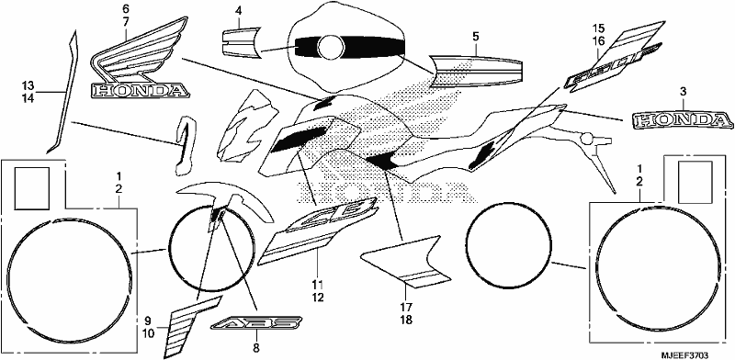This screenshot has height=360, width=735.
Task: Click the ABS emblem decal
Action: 256,323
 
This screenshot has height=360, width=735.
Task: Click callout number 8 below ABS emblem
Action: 256,348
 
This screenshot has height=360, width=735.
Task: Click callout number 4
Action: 238,10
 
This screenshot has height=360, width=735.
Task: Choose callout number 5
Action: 475,36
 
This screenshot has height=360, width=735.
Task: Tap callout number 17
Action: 406,308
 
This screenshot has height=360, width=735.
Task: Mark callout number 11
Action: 318,284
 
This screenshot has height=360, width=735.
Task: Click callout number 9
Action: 147,321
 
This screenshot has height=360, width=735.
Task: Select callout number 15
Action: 598,28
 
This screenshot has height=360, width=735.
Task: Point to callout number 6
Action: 126,9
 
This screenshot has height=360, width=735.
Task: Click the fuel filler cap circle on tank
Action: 331,48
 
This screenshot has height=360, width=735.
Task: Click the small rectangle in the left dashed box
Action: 33,188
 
